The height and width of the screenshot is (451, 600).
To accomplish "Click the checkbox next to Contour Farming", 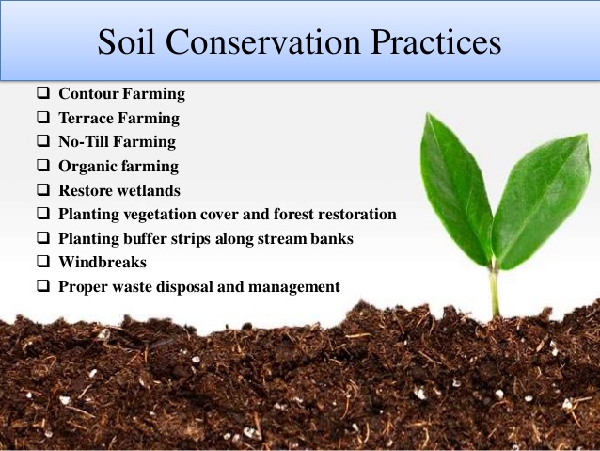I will [x=43, y=94].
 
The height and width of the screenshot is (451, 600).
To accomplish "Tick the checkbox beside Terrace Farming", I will [x=43, y=119].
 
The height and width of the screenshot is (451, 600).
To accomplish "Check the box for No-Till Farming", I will [x=43, y=142].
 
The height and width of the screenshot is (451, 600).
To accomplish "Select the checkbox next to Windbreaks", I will [x=43, y=263].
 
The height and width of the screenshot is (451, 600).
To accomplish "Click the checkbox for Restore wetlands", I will [x=43, y=190].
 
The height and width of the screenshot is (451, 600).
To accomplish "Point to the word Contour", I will [x=87, y=94].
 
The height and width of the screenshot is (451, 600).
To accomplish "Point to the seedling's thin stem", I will [x=494, y=292].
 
